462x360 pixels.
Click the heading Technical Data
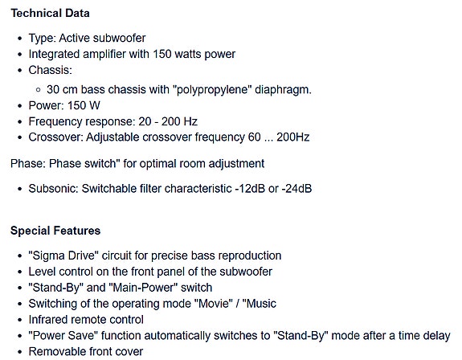pyautogui.click(x=50, y=13)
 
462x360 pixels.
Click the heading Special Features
pyautogui.click(x=55, y=231)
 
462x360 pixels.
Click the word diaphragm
pyautogui.click(x=283, y=89)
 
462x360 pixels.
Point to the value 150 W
pyautogui.click(x=84, y=105)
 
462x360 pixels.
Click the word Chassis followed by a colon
pyautogui.click(x=51, y=70)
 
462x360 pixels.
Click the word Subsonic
pyautogui.click(x=53, y=189)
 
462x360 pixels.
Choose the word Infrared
pyautogui.click(x=48, y=320)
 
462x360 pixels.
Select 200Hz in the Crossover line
pyautogui.click(x=293, y=137)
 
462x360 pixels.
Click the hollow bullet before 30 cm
pyautogui.click(x=38, y=90)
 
